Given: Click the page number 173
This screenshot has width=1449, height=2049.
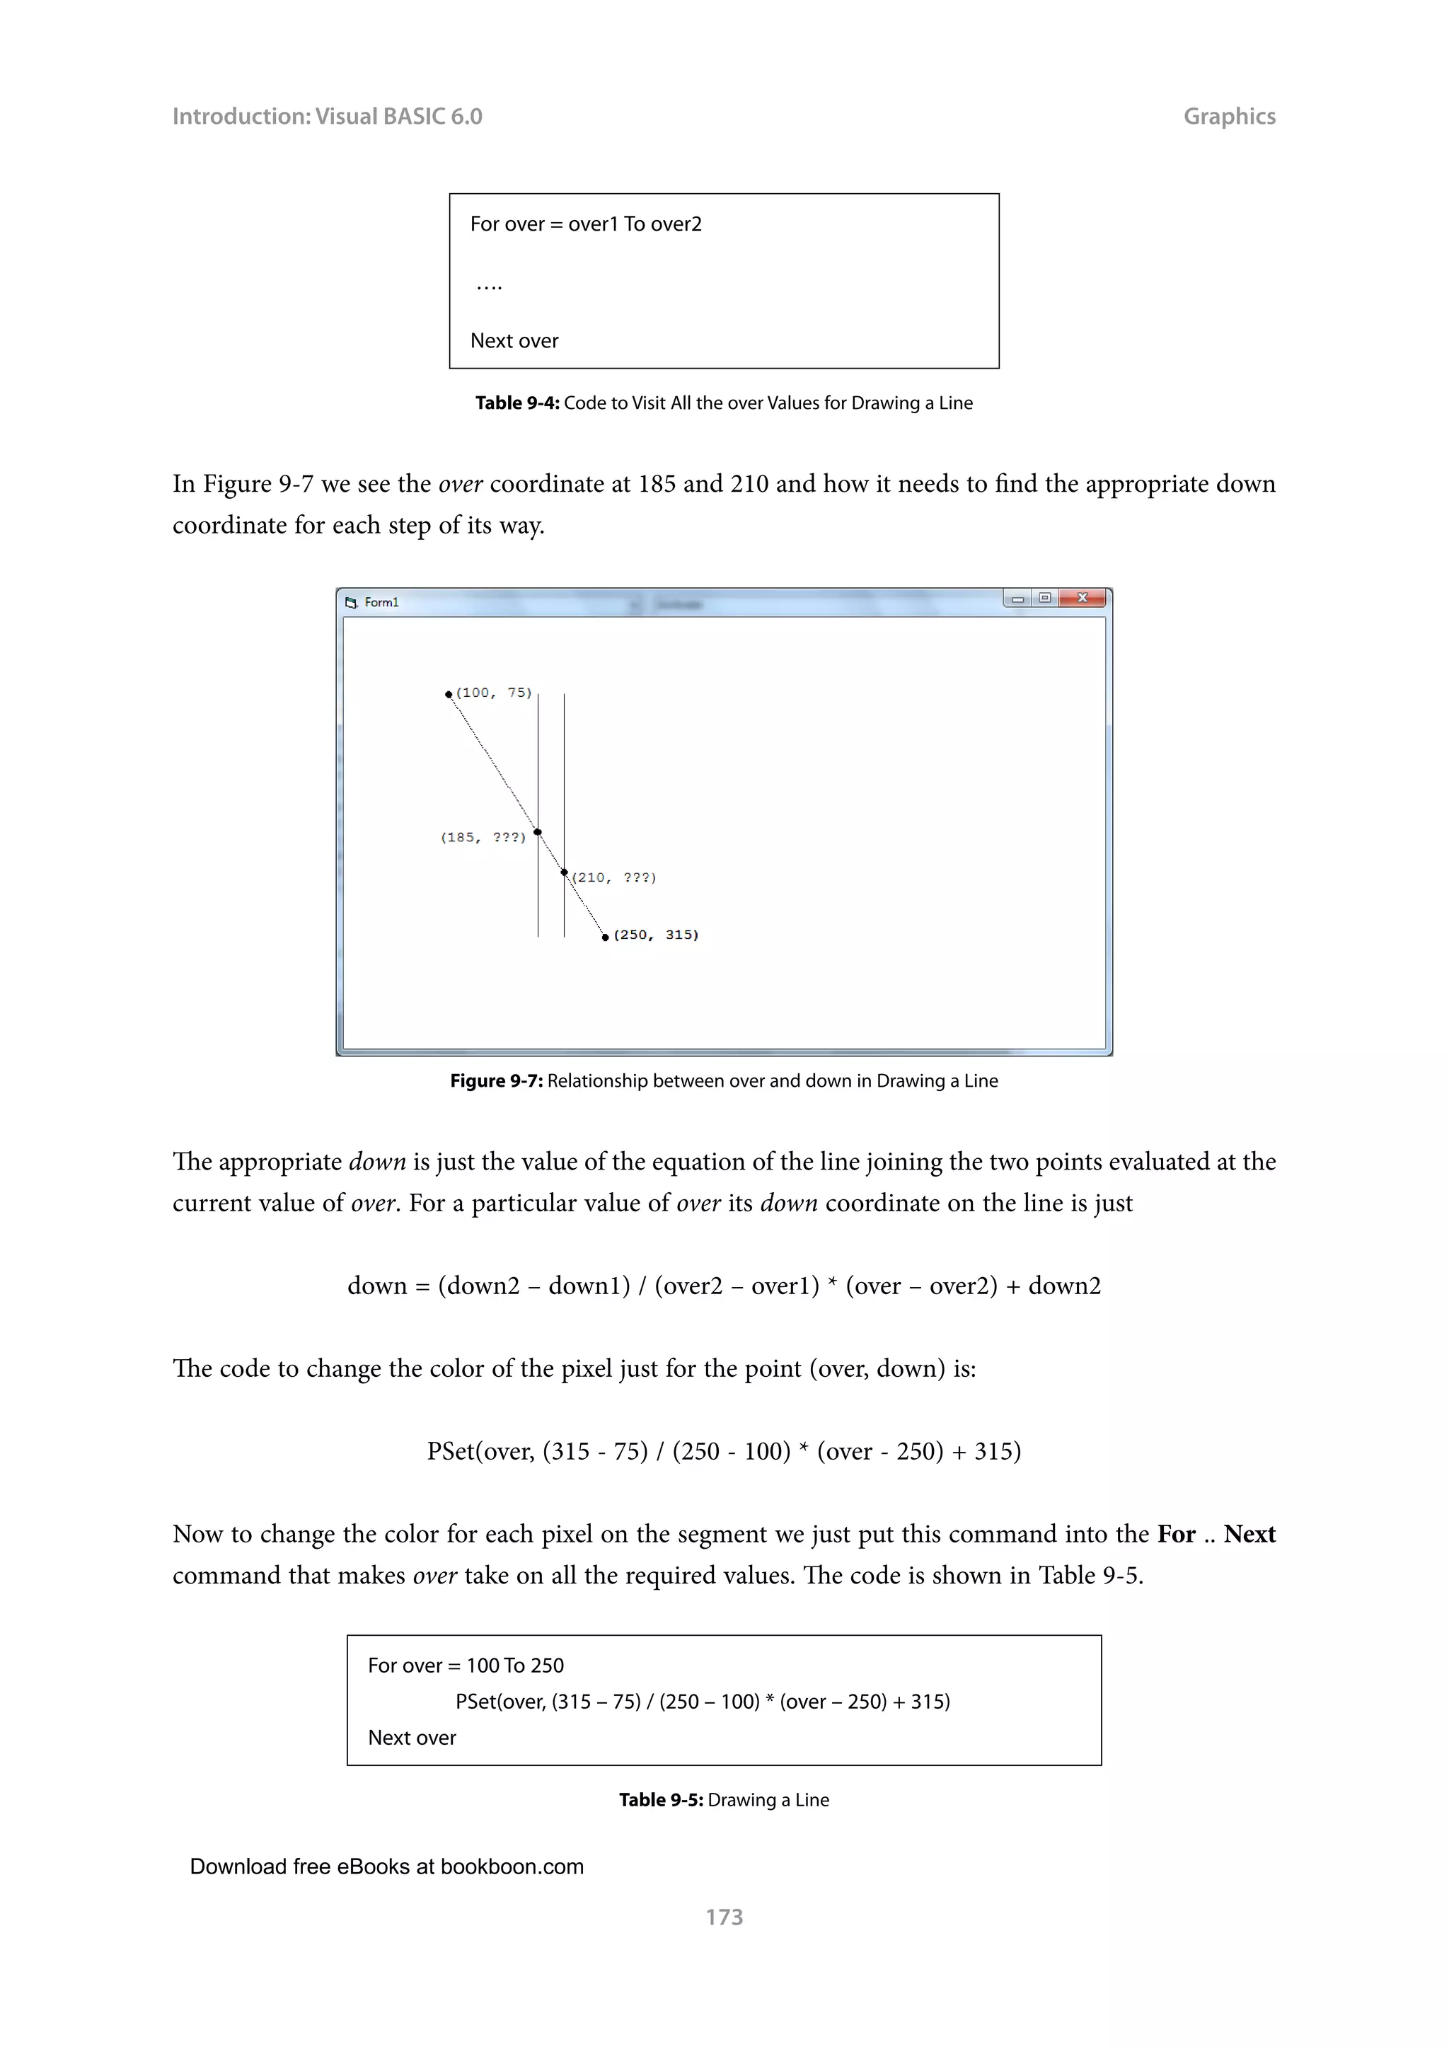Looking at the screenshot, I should [x=724, y=1917].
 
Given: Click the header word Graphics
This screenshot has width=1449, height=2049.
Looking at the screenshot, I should [x=1229, y=116].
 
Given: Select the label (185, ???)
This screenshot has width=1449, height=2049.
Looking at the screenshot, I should [x=483, y=837].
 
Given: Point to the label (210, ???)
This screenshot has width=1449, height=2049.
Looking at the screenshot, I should [x=614, y=877].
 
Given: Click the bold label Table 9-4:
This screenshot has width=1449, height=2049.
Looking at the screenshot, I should [x=516, y=403].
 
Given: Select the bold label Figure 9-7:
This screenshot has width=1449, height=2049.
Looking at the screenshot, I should [x=496, y=1080].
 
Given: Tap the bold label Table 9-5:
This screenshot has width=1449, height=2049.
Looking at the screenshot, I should [x=661, y=1800].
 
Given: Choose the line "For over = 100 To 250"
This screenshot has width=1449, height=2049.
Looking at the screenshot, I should [x=466, y=1666].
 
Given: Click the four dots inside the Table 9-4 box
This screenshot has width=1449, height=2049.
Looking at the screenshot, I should [x=489, y=287].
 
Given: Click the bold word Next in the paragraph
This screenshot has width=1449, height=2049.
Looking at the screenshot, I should [x=1249, y=1534].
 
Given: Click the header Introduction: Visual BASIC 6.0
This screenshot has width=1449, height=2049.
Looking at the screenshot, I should [x=327, y=116].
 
